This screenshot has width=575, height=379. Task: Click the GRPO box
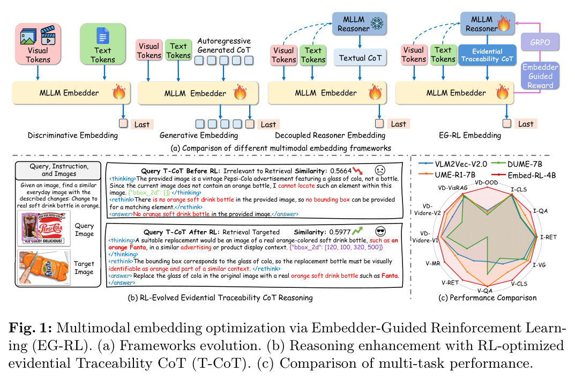tap(540, 42)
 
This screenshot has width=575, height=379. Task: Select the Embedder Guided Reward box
tap(540, 76)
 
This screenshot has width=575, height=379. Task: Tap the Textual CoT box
tap(360, 58)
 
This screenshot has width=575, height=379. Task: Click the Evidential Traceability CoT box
tap(487, 55)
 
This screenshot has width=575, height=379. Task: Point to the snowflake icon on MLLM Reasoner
tap(377, 24)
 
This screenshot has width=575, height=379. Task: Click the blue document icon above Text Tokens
tap(103, 36)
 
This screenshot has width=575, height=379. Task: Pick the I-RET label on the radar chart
tap(549, 237)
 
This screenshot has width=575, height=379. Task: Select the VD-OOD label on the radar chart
tap(486, 183)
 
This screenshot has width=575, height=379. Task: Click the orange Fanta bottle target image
tap(43, 267)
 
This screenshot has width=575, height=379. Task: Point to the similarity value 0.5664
tap(341, 171)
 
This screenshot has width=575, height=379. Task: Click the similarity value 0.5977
tap(340, 232)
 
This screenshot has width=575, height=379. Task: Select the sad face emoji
tap(380, 170)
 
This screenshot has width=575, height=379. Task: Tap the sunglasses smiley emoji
tap(380, 232)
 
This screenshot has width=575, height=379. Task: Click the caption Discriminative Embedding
tap(73, 136)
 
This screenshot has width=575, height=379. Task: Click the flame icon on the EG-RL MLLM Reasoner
tap(504, 24)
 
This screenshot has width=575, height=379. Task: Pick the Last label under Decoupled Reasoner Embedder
tap(399, 124)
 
